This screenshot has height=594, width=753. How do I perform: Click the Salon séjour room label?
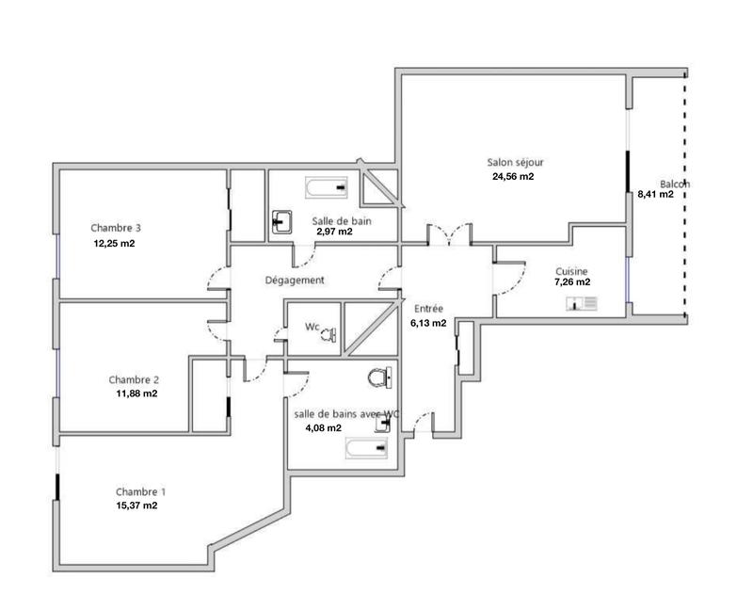coord(515,162)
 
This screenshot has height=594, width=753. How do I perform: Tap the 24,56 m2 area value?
coord(513,176)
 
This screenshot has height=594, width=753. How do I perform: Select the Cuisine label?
coord(572,269)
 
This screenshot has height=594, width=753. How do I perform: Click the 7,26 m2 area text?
coord(572,281)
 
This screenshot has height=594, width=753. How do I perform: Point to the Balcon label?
coord(674,184)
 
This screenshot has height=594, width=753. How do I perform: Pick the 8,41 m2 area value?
coord(655,195)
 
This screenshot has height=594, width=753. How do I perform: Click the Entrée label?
coord(426,308)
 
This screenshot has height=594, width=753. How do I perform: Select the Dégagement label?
coord(295,280)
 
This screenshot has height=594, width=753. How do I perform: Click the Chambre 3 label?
coord(116,228)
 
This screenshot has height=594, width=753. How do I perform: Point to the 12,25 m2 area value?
coord(114,243)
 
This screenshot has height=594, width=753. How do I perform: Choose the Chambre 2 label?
coord(134,379)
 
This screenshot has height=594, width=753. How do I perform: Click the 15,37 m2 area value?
coord(136,505)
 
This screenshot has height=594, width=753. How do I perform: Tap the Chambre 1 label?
coord(140,491)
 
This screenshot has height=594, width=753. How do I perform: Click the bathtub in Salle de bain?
coord(326,188)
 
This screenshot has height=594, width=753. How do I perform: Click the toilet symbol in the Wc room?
coord(328,331)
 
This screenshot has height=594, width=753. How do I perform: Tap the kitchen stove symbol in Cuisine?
coord(582,303)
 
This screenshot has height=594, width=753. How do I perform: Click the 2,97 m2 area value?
coord(334,232)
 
